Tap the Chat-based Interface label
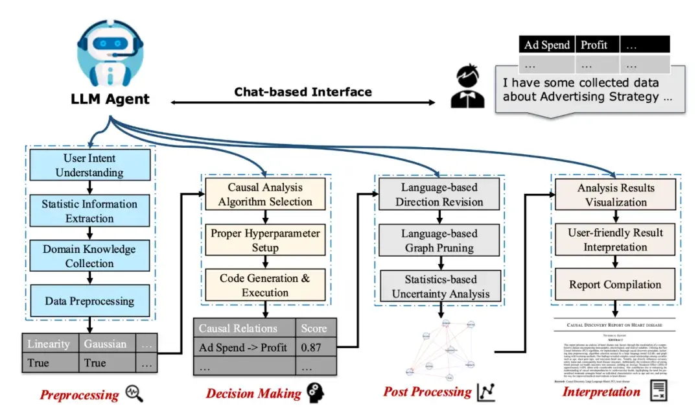point(303,91)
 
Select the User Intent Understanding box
point(89,165)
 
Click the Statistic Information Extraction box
point(89,211)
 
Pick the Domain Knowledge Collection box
point(89,256)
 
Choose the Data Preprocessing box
point(89,301)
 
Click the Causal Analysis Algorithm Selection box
point(265,195)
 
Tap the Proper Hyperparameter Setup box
point(265,240)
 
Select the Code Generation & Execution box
point(265,285)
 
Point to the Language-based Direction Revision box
point(439,195)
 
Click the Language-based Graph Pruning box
point(439,240)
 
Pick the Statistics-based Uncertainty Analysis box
point(439,286)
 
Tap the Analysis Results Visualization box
point(616,195)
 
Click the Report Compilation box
point(616,285)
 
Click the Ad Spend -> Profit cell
point(244,347)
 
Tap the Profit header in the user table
point(594,45)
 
